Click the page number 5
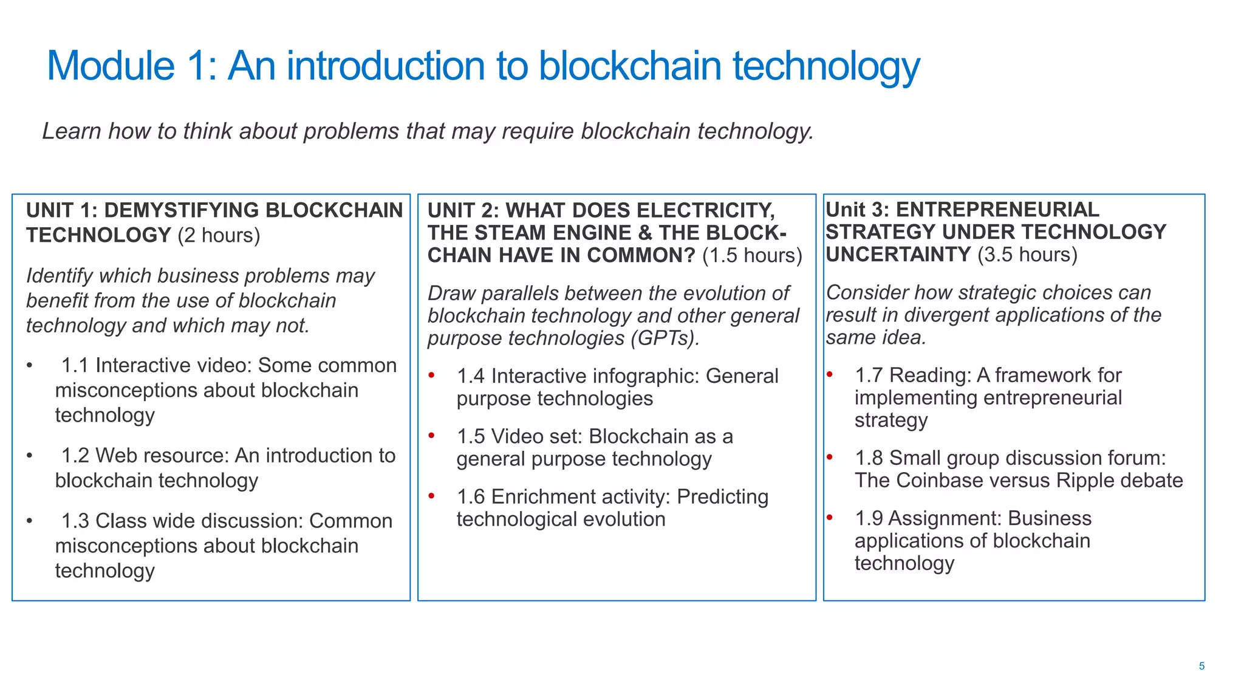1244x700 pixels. [x=1201, y=666]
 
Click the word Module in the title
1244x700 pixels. [x=111, y=66]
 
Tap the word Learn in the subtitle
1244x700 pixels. [x=71, y=131]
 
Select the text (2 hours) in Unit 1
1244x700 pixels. [x=219, y=235]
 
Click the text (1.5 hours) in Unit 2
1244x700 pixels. [x=752, y=255]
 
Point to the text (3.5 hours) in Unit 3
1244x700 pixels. [x=1027, y=254]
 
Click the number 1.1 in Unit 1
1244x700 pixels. [x=75, y=365]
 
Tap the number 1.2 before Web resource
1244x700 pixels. [x=75, y=455]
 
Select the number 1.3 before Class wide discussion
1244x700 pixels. [x=75, y=521]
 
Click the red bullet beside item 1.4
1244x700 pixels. [x=431, y=375]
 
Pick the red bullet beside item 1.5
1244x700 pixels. [x=431, y=435]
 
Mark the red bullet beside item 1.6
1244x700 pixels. [x=431, y=496]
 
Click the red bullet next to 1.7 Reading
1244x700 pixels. [x=829, y=374]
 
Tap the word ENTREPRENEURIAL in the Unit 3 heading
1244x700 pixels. [x=997, y=210]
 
